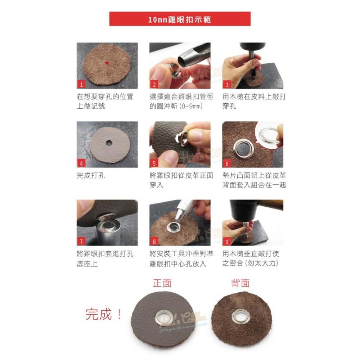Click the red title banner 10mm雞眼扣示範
[x=180, y=19]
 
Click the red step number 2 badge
[x=154, y=85]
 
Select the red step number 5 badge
[x=154, y=163]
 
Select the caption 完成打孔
[x=91, y=176]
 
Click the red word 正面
[x=162, y=283]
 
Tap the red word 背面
[x=240, y=283]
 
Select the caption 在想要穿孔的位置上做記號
[x=105, y=102]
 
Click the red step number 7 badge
[x=81, y=242]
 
